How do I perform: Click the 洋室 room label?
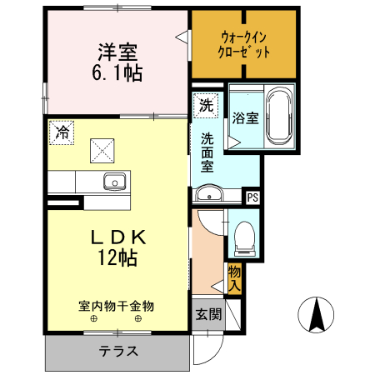tap(117, 51)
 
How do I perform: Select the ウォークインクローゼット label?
tap(245, 42)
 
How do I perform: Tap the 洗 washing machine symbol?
tap(204, 106)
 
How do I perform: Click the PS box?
tap(252, 197)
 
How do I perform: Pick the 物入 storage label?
tap(235, 277)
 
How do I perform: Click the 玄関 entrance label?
tap(208, 314)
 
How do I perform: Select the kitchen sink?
tap(114, 181)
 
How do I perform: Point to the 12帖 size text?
tap(117, 258)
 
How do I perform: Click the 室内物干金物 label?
tap(117, 305)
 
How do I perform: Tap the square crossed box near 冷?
tap(102, 150)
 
